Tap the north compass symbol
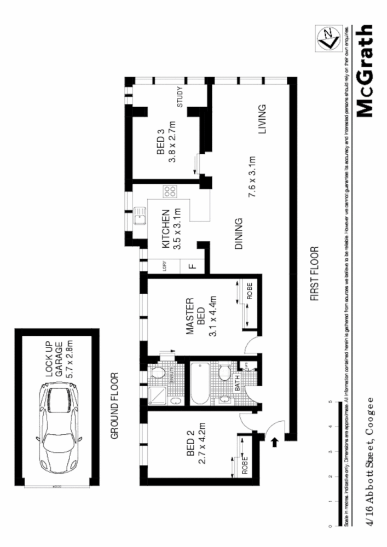pos(326,39)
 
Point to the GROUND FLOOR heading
pos(115,406)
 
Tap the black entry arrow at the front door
pos(274,438)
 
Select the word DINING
pos(239,234)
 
